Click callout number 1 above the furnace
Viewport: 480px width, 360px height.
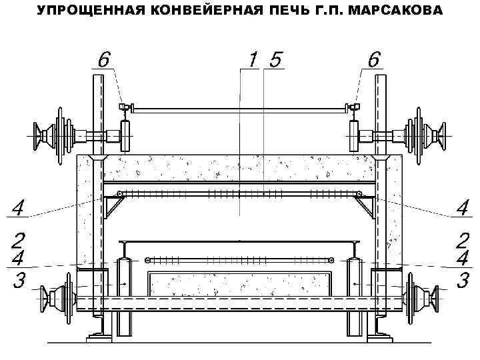[252, 60]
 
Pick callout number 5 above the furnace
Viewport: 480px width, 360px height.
[273, 60]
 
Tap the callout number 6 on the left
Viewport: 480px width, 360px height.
[103, 59]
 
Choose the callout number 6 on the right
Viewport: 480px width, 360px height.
[374, 59]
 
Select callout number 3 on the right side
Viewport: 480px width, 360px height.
[461, 280]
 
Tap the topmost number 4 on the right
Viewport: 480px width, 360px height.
[461, 207]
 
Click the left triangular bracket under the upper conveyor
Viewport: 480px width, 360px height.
[111, 208]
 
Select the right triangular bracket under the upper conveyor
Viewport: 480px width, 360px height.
[367, 208]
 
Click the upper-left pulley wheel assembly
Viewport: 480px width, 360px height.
[56, 137]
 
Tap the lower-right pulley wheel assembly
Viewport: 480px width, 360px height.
[424, 296]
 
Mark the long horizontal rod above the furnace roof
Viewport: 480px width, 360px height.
[239, 107]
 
